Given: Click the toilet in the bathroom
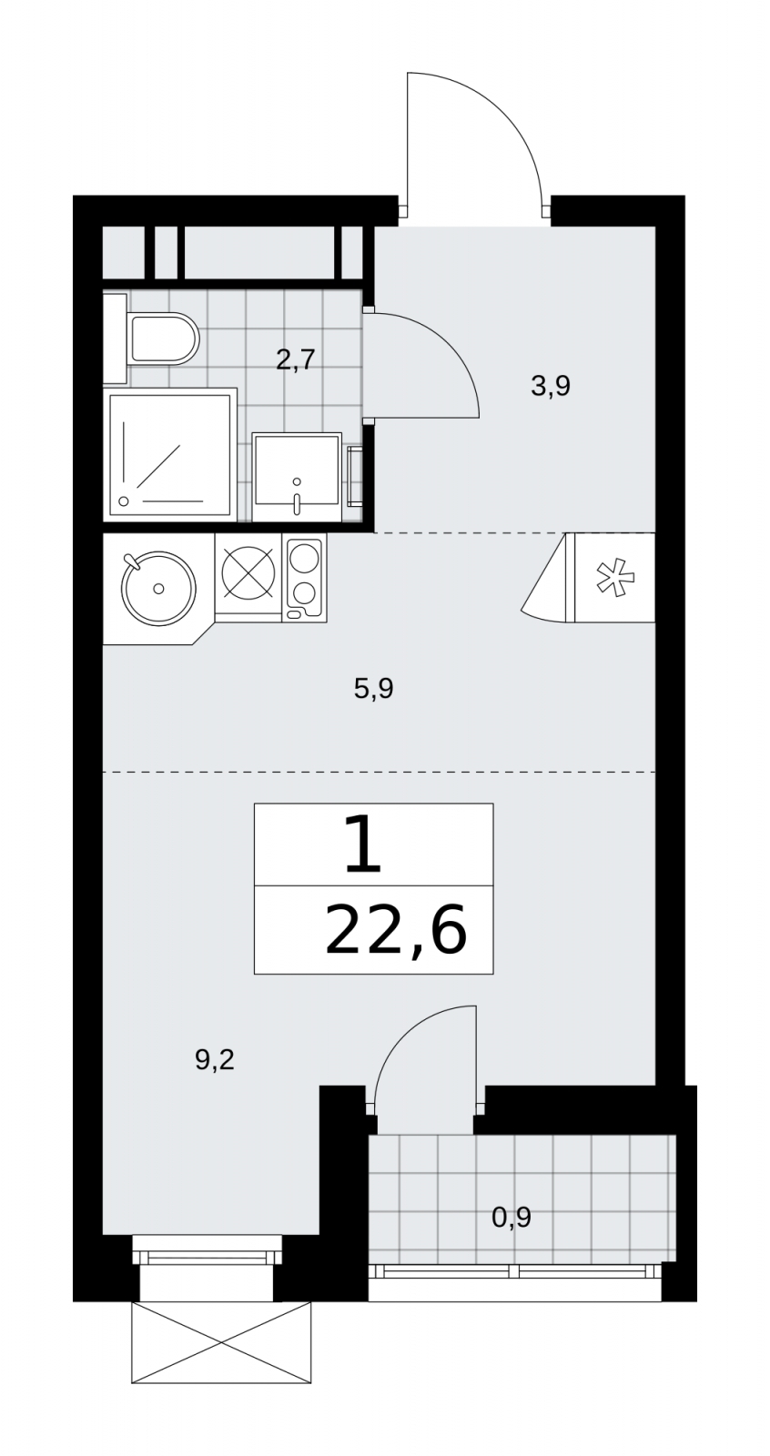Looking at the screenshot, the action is pyautogui.click(x=163, y=338).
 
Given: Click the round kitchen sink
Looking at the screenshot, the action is pyautogui.click(x=158, y=588).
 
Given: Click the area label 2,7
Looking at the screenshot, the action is pyautogui.click(x=295, y=359).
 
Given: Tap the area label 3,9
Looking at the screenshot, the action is pyautogui.click(x=551, y=386).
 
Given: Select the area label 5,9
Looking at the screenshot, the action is pyautogui.click(x=373, y=688).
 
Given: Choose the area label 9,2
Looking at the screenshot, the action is pyautogui.click(x=215, y=1060).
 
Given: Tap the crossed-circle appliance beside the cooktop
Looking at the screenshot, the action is pyautogui.click(x=248, y=571).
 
